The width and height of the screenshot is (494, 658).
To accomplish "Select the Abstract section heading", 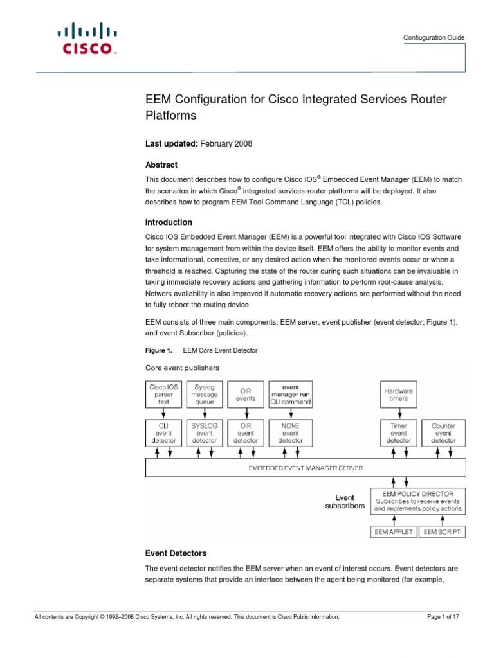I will tap(161, 165).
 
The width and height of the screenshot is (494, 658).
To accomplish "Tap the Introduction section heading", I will tap(168, 222).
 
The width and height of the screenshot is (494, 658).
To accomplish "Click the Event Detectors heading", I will tap(175, 553).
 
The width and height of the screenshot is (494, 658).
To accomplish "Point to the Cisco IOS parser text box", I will tap(163, 395).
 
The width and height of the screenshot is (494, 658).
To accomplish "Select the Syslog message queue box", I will tap(205, 395).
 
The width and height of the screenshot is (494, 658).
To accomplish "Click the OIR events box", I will tap(246, 395).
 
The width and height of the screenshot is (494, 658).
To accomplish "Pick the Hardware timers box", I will tap(399, 395).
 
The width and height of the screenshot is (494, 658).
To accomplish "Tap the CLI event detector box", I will tap(163, 432).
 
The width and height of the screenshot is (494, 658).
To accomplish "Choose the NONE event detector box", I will tap(290, 432).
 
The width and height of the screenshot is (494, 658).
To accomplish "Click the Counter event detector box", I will tap(444, 432).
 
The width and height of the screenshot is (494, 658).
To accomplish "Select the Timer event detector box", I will tap(399, 432).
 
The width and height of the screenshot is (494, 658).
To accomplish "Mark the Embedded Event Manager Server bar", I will tap(306, 468).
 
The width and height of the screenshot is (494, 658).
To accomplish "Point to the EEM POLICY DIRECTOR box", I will tap(418, 501).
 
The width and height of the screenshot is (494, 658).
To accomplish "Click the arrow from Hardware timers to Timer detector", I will tap(399, 414).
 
